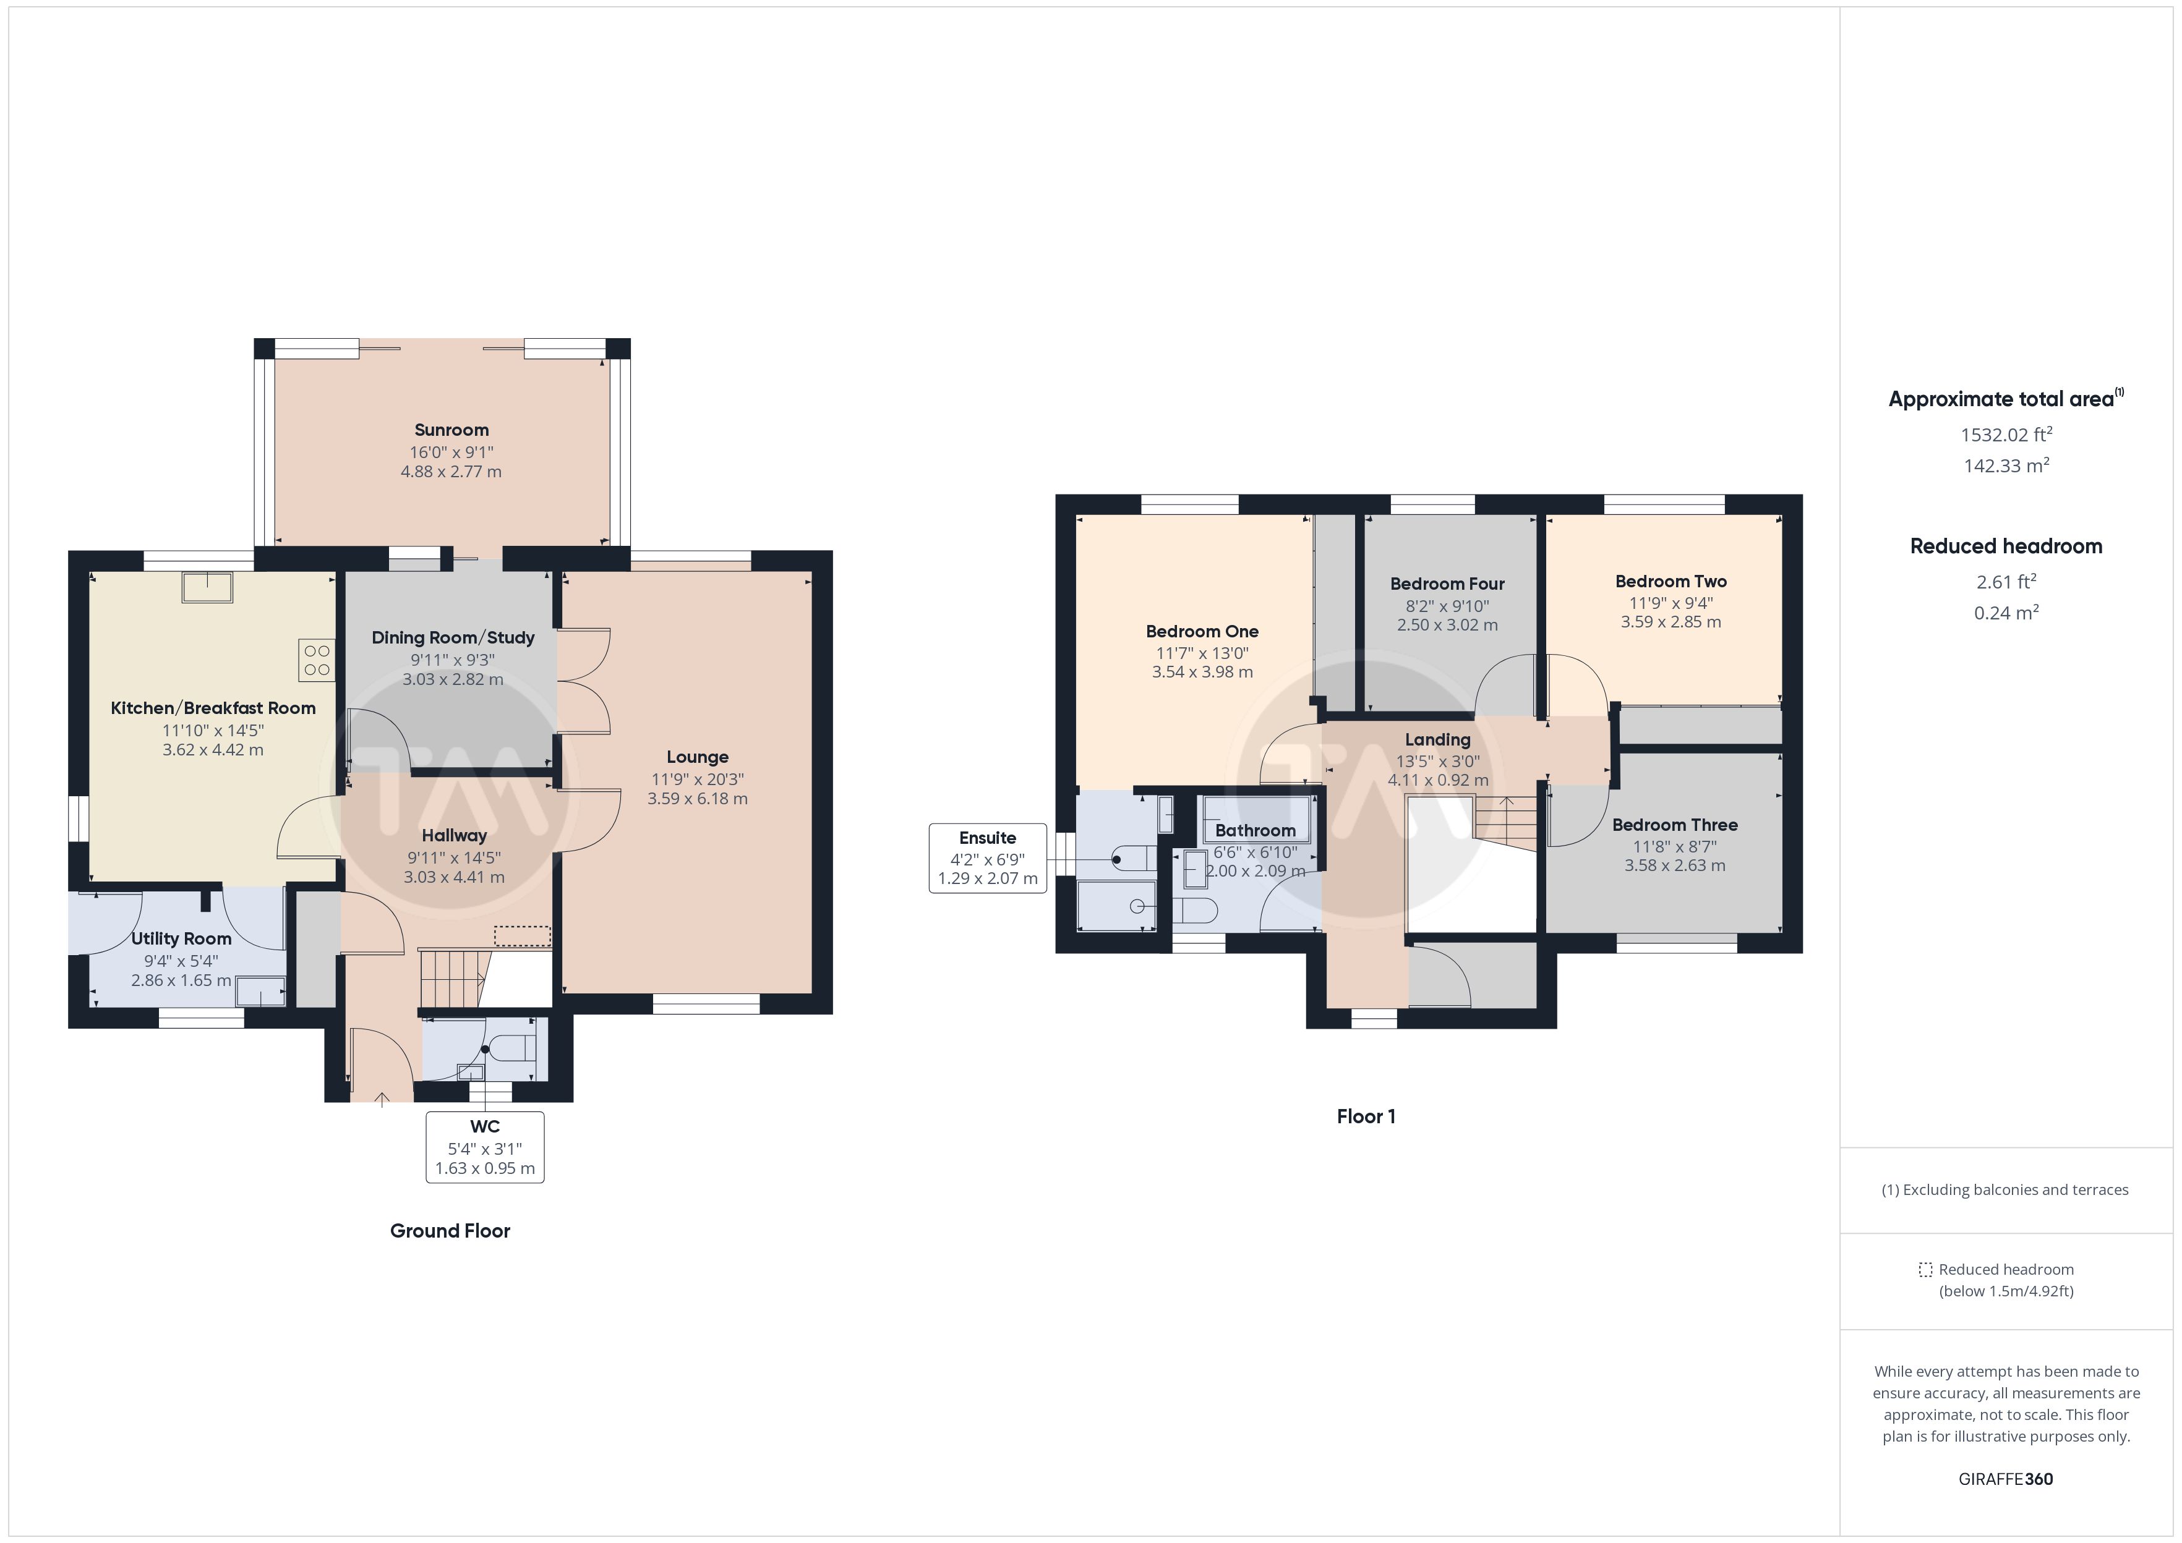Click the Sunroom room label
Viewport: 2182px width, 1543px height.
click(x=451, y=430)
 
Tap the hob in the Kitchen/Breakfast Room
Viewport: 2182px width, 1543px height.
click(x=317, y=660)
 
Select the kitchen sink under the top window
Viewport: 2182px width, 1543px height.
click(x=208, y=587)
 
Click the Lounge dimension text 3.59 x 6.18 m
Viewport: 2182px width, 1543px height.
click(x=698, y=799)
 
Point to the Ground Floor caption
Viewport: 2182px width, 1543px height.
click(x=450, y=1231)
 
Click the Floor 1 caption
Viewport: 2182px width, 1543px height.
click(x=1366, y=1116)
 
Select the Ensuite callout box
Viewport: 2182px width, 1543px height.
click(x=988, y=858)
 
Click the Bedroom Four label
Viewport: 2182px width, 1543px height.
click(x=1447, y=584)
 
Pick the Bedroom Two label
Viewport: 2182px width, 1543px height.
click(x=1671, y=582)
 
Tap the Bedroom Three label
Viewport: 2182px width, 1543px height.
click(x=1674, y=825)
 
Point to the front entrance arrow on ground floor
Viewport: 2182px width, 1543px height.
click(x=382, y=1100)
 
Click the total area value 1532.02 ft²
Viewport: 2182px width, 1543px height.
click(x=2006, y=435)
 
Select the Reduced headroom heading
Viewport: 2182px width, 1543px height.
click(x=2006, y=546)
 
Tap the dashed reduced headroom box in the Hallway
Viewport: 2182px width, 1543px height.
click(x=523, y=937)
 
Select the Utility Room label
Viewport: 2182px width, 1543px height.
click(x=181, y=939)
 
